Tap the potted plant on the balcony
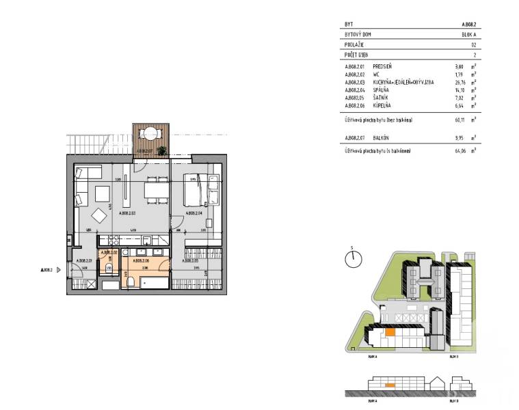pos(161,150)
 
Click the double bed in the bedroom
pos(195,189)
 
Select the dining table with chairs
pos(157,190)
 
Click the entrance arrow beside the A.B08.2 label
pos(59,270)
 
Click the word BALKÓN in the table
pos(382,137)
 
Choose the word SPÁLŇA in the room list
pos(381,90)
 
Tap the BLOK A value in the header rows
pos(468,33)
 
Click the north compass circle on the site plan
pos(354,259)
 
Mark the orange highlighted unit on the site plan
pos(389,333)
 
